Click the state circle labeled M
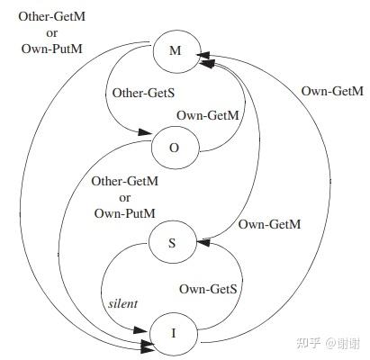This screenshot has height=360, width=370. pyautogui.click(x=175, y=51)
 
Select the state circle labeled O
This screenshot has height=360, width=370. pyautogui.click(x=175, y=146)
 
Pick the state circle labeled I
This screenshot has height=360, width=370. pyautogui.click(x=175, y=334)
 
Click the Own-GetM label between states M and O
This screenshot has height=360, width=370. pyautogui.click(x=208, y=115)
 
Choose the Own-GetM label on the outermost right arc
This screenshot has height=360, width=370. pyautogui.click(x=332, y=91)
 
